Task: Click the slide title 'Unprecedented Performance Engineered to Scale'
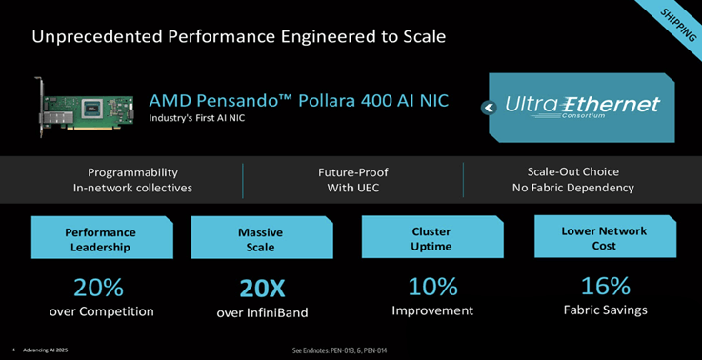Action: point(239,37)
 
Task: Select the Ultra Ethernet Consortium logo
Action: point(582,108)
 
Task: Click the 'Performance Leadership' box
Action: point(100,238)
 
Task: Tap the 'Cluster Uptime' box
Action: point(431,238)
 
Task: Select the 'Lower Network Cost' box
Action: point(604,238)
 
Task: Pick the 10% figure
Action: point(432,286)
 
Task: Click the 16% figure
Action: point(606,286)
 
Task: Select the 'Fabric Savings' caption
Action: point(606,310)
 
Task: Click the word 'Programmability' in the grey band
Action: point(132,172)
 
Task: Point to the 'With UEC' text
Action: point(352,188)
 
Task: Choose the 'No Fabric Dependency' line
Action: point(572,188)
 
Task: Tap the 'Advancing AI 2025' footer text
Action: point(44,350)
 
